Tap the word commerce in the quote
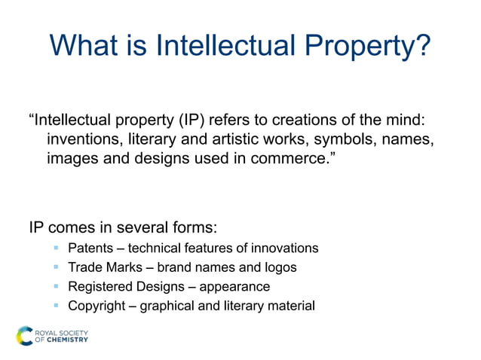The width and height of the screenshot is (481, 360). tap(288, 160)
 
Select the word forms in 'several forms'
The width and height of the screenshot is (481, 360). tap(206, 227)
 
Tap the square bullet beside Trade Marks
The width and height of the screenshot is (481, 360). tap(56, 267)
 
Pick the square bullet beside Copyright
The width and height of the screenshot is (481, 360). tap(56, 306)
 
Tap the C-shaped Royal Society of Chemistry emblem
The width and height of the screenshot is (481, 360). tap(26, 335)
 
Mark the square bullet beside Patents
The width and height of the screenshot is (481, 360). tap(56, 248)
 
